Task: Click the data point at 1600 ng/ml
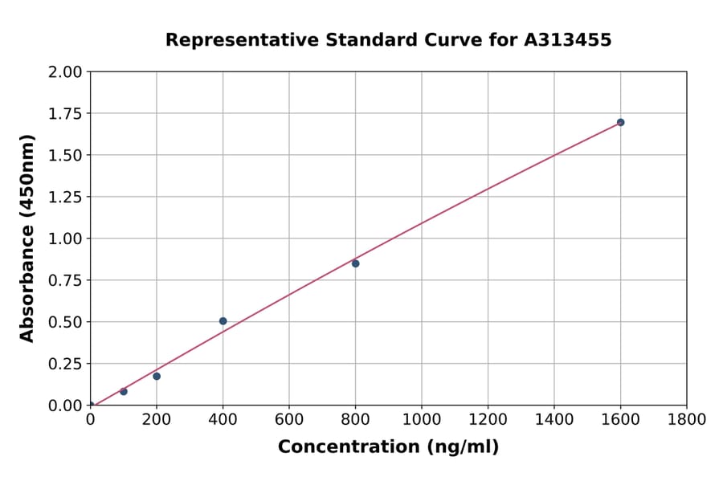coord(620,122)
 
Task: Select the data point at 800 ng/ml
coord(355,263)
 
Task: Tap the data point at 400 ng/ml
coord(223,321)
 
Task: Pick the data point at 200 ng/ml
coord(157,376)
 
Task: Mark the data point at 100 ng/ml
coord(123,391)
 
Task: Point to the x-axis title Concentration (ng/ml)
coord(388,447)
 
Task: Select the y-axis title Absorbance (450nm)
coord(27,238)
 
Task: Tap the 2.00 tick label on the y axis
coord(66,72)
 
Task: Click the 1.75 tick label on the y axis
coord(66,114)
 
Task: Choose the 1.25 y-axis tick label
coord(66,197)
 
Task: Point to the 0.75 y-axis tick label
coord(66,280)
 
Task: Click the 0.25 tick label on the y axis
coord(66,364)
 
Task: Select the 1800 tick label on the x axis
coord(686,419)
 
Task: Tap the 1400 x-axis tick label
coord(553,419)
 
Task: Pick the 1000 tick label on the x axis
coord(421,419)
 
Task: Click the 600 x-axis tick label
coord(289,419)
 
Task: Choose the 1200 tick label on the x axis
coord(488,419)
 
